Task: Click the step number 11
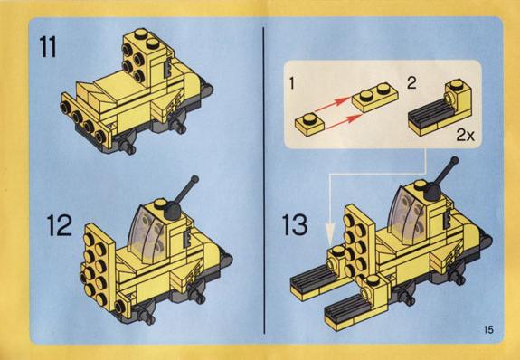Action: (x=48, y=47)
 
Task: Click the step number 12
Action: (x=60, y=225)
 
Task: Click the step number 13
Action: (x=295, y=224)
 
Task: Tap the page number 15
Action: (x=488, y=330)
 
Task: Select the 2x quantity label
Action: (x=465, y=136)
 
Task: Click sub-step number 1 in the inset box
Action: (x=292, y=83)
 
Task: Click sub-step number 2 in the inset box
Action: (x=411, y=82)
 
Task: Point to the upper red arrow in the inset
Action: (x=332, y=103)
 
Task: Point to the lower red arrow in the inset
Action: (x=345, y=121)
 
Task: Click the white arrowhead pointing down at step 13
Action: (x=330, y=234)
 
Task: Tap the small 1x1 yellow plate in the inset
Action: (x=310, y=123)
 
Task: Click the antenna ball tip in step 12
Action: (x=194, y=179)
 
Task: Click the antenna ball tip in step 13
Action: (x=455, y=161)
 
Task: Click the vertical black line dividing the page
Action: (x=264, y=180)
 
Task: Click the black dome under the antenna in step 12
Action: (x=174, y=210)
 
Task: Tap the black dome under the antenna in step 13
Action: (x=433, y=193)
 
